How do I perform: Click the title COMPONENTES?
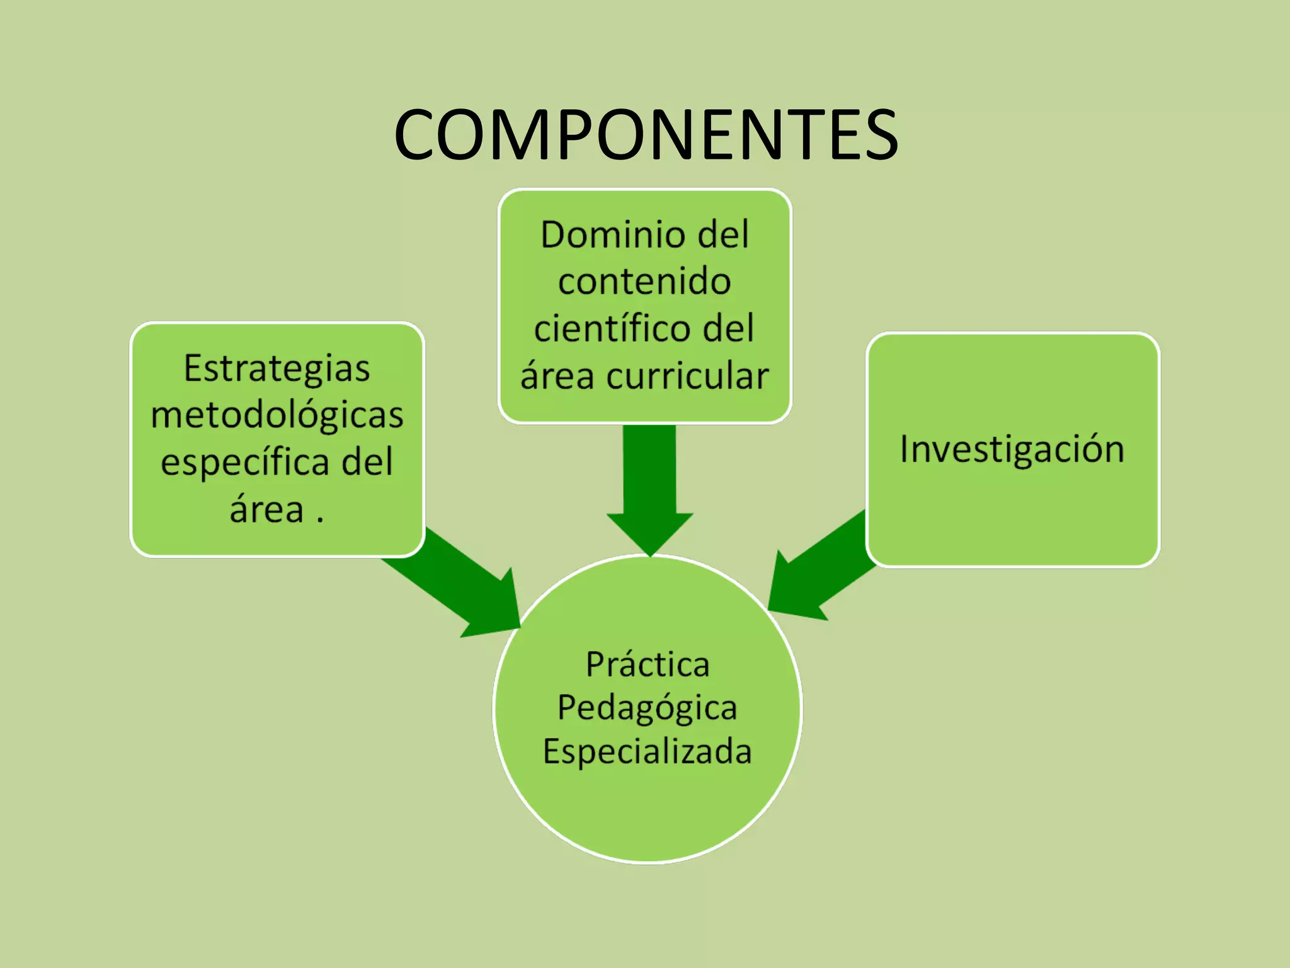click(646, 134)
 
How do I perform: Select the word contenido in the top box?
click(644, 281)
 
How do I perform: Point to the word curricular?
click(687, 377)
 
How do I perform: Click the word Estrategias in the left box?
click(277, 369)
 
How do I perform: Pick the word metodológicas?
click(277, 416)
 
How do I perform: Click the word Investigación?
click(1012, 449)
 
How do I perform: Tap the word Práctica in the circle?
click(648, 664)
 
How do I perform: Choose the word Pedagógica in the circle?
click(647, 708)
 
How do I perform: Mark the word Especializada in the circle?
click(648, 751)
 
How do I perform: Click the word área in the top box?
click(557, 377)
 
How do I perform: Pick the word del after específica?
click(367, 462)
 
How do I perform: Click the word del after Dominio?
click(723, 235)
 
